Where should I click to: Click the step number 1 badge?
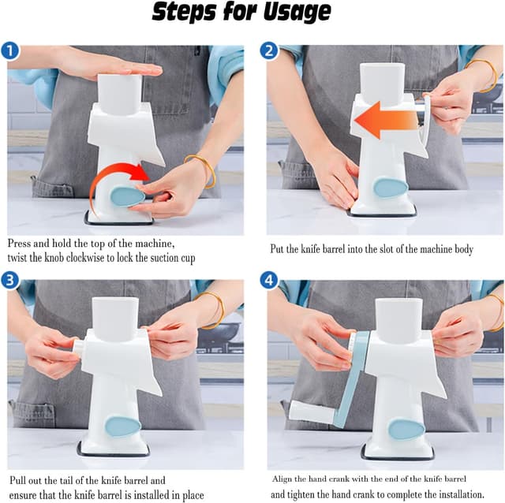coord(10,50)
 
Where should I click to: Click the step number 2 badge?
coord(269,50)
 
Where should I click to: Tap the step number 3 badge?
coord(10,280)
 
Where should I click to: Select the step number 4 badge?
coord(269,280)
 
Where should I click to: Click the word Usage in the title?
coord(297,13)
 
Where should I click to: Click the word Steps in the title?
coord(184,12)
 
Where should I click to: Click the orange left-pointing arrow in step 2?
coord(384,120)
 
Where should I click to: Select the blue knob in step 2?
coord(391,188)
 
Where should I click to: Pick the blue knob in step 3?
coord(123,427)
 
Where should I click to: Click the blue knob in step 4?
coord(406,429)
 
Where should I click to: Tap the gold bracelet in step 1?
coord(200,170)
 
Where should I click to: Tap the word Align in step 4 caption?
coord(282,479)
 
